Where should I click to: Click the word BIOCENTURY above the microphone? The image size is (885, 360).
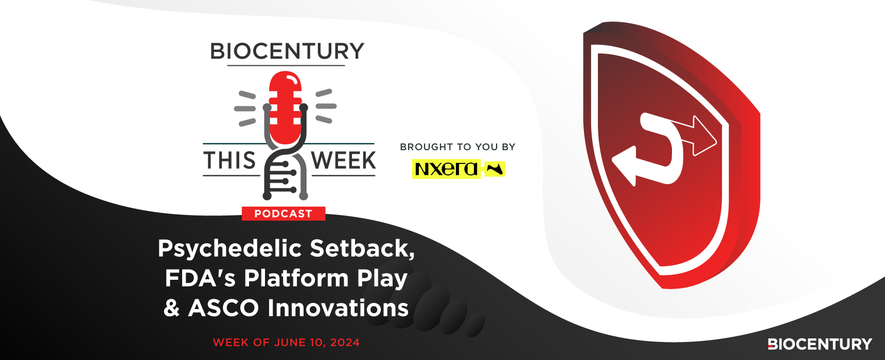pyautogui.click(x=287, y=51)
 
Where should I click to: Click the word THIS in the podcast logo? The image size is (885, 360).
pyautogui.click(x=229, y=160)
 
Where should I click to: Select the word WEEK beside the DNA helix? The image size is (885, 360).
pyautogui.click(x=344, y=160)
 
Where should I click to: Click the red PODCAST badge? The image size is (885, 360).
pyautogui.click(x=284, y=213)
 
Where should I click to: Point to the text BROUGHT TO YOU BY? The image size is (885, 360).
pyautogui.click(x=457, y=147)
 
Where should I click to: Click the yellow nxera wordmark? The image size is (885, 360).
pyautogui.click(x=446, y=169)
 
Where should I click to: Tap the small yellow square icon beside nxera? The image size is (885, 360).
pyautogui.click(x=495, y=169)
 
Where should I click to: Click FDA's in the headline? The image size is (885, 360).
pyautogui.click(x=200, y=278)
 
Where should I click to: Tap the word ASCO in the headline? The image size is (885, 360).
pyautogui.click(x=223, y=308)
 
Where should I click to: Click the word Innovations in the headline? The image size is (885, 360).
pyautogui.click(x=338, y=308)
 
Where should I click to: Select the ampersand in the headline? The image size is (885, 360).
pyautogui.click(x=171, y=308)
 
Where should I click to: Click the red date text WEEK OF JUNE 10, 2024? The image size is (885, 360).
pyautogui.click(x=286, y=343)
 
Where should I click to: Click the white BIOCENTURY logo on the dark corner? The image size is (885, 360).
pyautogui.click(x=820, y=344)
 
